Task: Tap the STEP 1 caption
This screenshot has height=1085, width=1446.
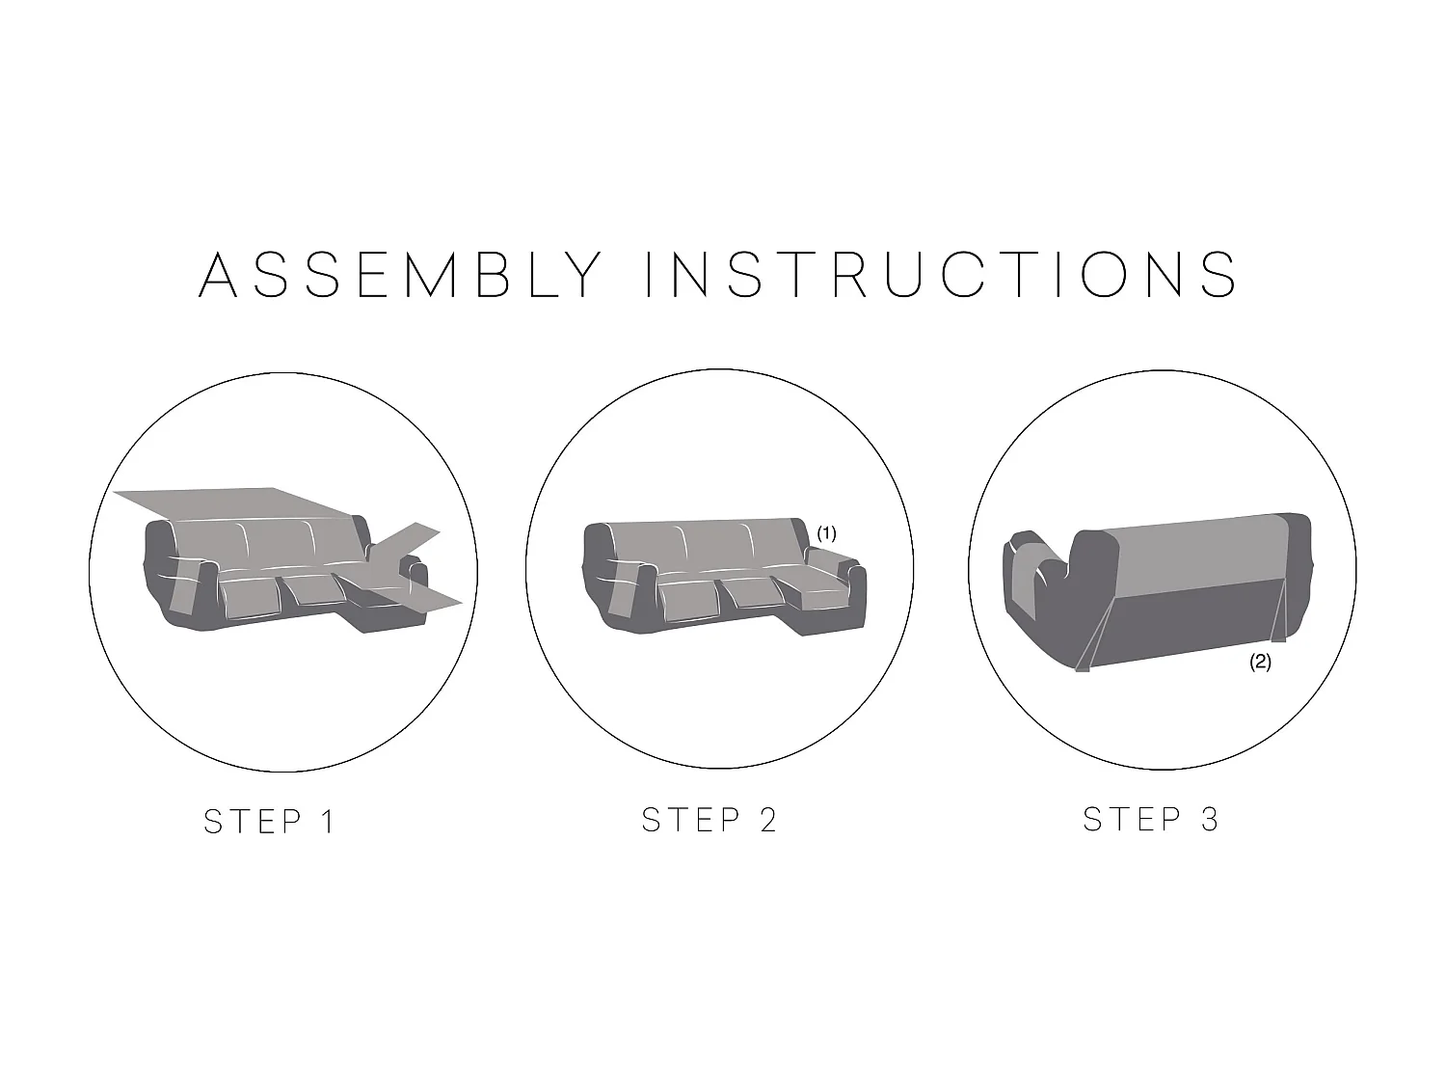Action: pos(269,822)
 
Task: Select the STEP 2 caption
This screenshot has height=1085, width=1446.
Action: pos(710,820)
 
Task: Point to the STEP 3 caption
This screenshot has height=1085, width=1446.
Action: pos(1151,820)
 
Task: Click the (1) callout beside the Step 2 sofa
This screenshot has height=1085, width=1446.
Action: pos(827,533)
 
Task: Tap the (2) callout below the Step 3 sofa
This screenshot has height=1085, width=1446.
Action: pos(1260,662)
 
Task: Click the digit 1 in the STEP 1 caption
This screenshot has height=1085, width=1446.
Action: pos(328,822)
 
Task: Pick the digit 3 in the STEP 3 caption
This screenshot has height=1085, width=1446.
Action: pos(1210,820)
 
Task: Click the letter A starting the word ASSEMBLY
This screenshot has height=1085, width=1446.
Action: pos(218,274)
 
